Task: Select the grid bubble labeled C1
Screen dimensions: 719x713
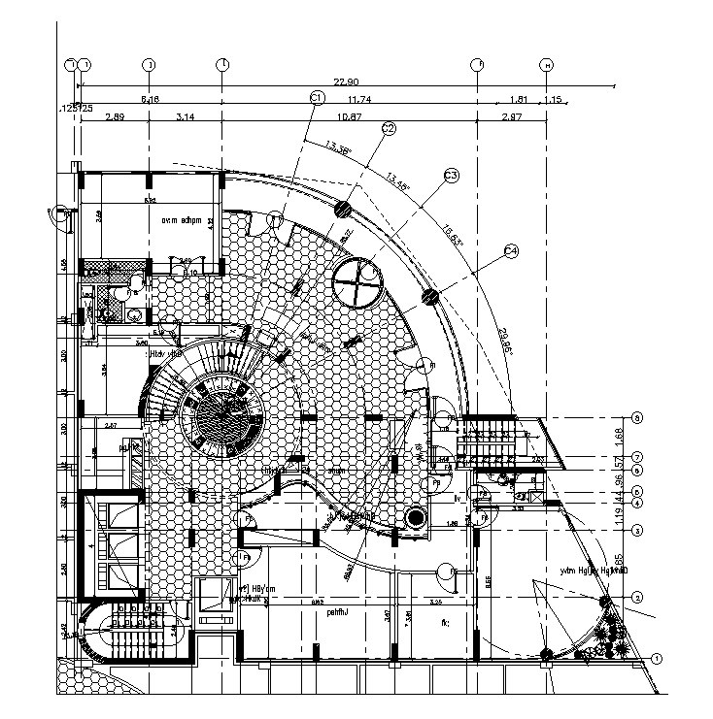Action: coord(317,97)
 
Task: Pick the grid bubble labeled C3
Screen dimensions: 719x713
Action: coord(451,176)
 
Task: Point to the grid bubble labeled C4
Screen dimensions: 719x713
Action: coord(512,252)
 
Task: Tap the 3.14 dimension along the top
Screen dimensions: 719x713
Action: coord(186,116)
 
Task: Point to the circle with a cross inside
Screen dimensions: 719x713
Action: coord(359,282)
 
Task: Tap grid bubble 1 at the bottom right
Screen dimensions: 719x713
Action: coord(658,659)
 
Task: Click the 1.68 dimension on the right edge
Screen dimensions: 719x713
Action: coord(649,437)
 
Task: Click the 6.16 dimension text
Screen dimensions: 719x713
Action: coord(150,100)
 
